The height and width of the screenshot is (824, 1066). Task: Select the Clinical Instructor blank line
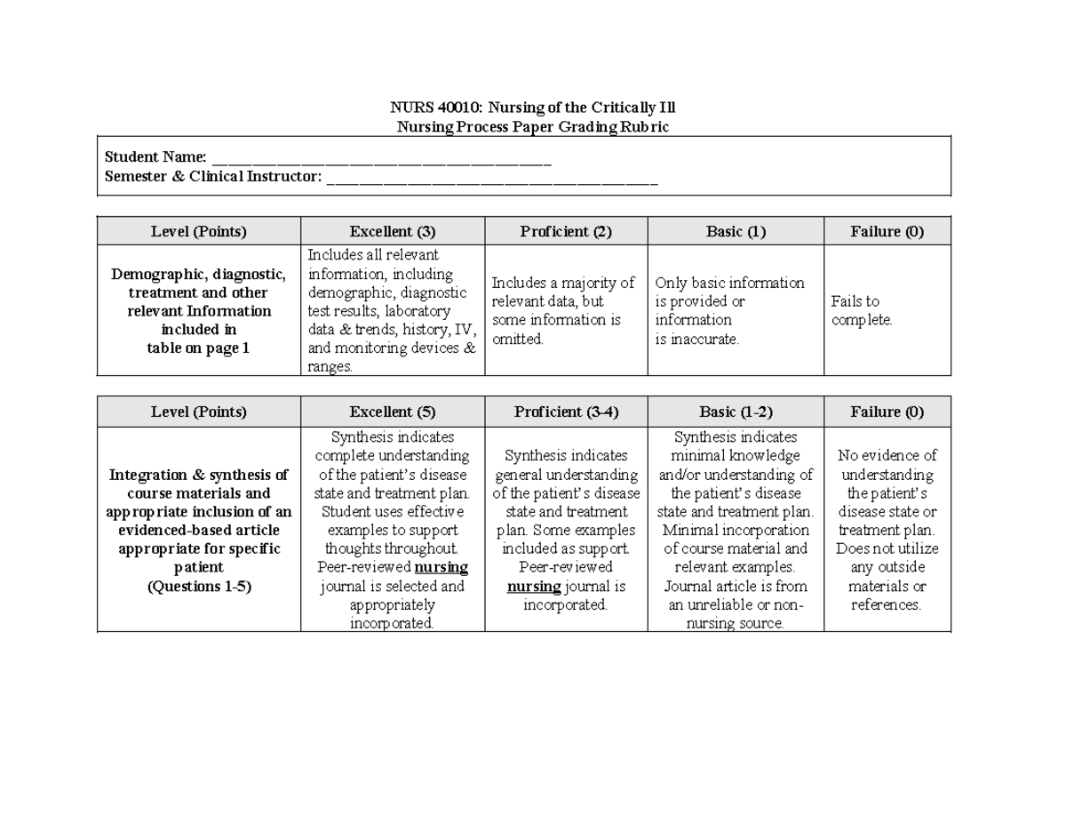tap(492, 178)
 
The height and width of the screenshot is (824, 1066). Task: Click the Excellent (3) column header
tap(393, 232)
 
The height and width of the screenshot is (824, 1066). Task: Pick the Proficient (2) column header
tap(566, 232)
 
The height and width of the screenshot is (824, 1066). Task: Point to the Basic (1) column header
tap(736, 232)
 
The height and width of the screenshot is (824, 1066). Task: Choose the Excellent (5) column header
tap(393, 412)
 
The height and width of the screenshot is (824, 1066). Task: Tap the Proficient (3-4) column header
tap(566, 412)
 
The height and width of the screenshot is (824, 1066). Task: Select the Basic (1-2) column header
tap(736, 412)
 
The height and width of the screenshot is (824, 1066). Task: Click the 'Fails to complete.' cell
tap(862, 311)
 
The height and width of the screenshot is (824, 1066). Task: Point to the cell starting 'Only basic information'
tap(729, 311)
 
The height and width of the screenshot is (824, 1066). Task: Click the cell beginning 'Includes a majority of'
tap(563, 311)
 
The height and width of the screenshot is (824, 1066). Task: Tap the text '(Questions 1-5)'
tap(199, 587)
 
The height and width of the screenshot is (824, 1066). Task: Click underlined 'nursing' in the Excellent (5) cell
tap(442, 568)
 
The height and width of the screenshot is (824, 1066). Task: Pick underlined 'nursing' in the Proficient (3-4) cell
tap(534, 587)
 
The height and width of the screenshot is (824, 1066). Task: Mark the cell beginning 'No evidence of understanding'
tap(887, 530)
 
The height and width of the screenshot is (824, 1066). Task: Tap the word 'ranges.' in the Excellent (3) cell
tap(330, 367)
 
